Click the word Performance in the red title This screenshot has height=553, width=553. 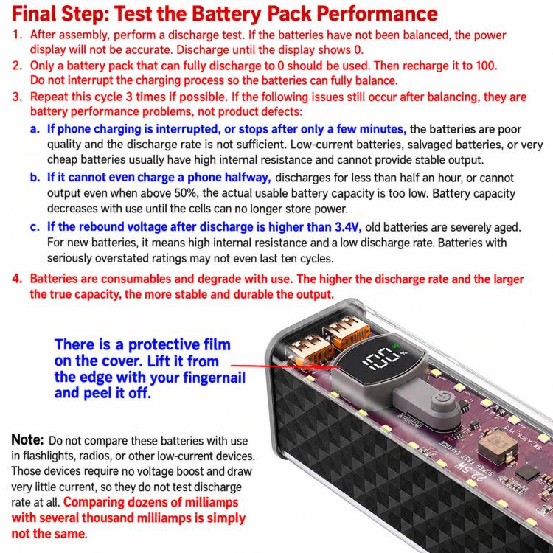[377, 13]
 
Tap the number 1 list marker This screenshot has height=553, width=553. [17, 35]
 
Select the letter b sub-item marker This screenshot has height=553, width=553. [35, 177]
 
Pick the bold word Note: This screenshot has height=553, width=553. [27, 439]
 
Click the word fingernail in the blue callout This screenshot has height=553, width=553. [214, 378]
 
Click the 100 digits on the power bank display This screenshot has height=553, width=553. [380, 358]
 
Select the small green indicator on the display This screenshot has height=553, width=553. [395, 346]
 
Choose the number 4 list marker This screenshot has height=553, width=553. [17, 278]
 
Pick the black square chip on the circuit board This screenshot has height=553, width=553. [526, 473]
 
